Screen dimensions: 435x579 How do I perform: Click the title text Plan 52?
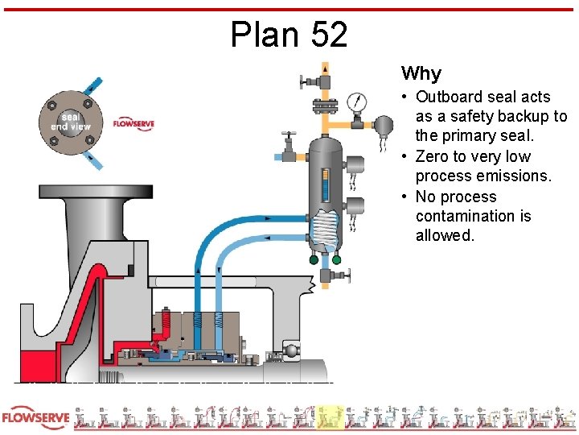289,35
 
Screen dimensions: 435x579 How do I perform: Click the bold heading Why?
421,74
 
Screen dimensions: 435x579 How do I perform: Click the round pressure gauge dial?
355,102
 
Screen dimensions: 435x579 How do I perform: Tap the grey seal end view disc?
70,121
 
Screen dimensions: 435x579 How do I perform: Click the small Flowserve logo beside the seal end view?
133,123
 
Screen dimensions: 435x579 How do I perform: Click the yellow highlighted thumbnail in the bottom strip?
329,418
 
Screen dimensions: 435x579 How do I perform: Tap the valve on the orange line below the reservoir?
327,276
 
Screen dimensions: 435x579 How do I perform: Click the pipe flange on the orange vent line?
325,105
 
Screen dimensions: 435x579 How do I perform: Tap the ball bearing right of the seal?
290,351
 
